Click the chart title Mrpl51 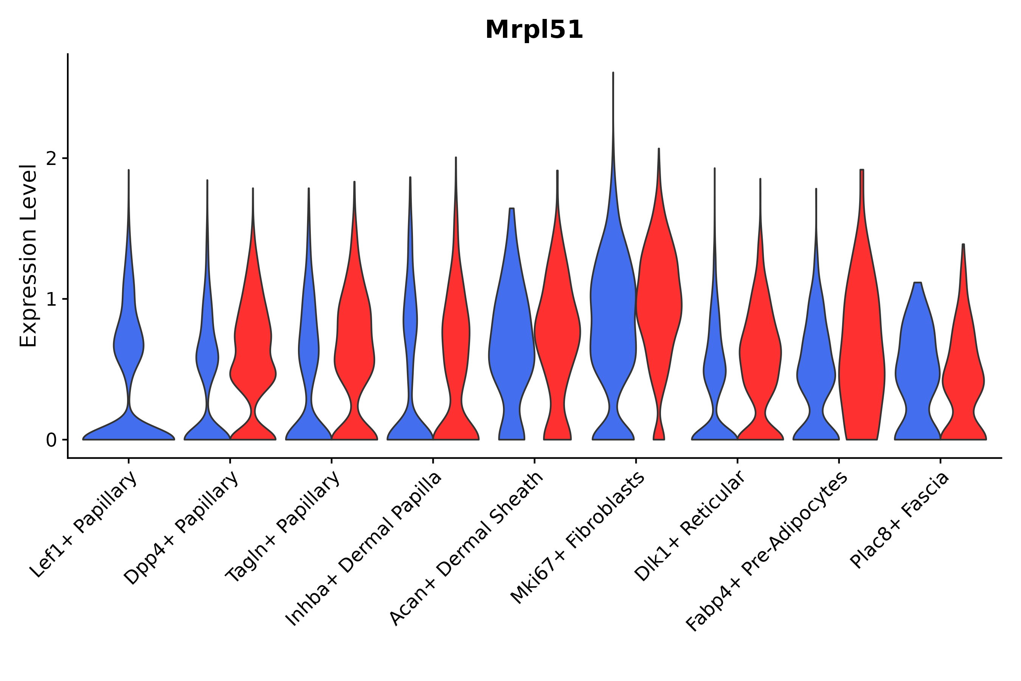[534, 30]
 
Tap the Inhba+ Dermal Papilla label [364, 549]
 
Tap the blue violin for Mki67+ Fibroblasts [613, 326]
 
